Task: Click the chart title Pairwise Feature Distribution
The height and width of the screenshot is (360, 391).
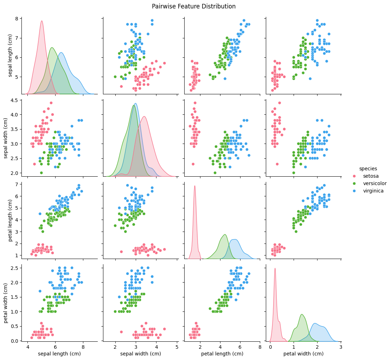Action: pos(194,6)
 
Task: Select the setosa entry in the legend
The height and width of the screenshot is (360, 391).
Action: pos(370,176)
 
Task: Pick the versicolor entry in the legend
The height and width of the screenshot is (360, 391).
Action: pos(374,183)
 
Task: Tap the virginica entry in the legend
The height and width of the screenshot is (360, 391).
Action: pos(373,191)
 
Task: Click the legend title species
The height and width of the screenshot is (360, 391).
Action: pos(367,169)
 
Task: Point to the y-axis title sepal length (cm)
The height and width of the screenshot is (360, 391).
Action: pos(10,56)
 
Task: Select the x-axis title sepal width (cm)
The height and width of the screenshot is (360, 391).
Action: pos(141,353)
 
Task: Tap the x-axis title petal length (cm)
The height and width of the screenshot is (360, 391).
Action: pos(222,353)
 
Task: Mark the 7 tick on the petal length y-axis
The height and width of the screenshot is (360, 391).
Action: pos(17,184)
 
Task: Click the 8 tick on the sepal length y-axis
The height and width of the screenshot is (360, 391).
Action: pos(17,19)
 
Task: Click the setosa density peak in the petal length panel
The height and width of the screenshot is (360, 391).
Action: pos(194,185)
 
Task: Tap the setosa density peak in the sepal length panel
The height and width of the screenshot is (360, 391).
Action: pos(41,21)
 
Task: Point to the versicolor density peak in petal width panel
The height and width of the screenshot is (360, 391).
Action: pos(302,314)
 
